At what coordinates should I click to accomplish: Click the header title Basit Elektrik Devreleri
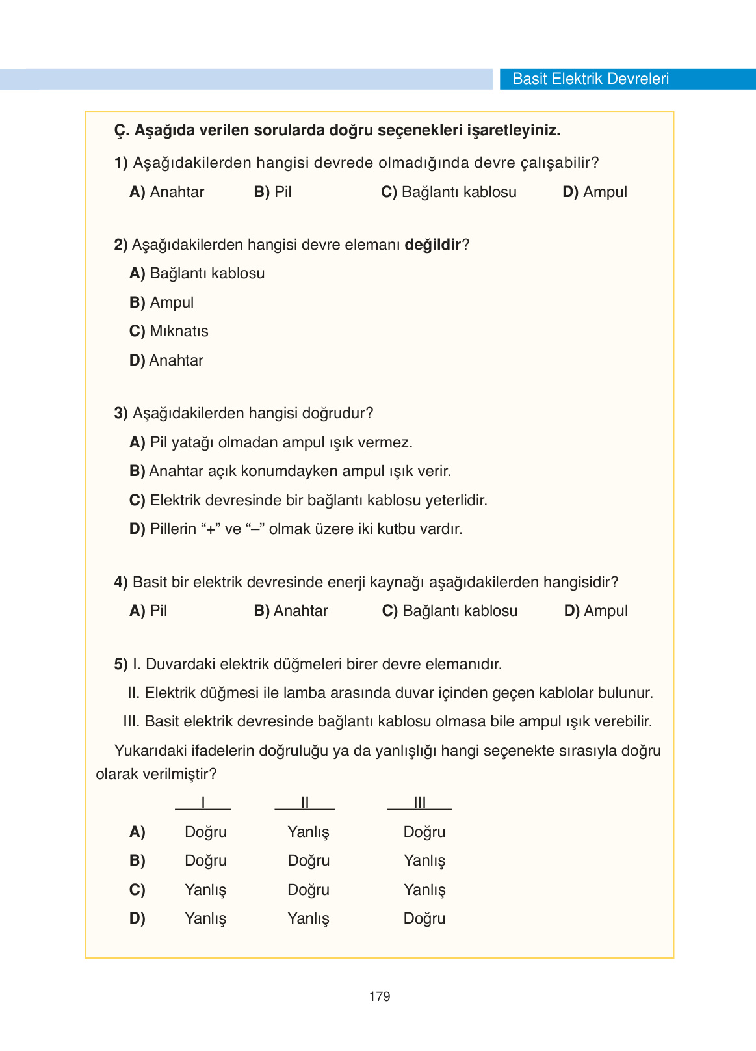pos(590,79)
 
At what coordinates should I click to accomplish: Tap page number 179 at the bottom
pos(379,996)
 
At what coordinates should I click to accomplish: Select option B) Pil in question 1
pos(273,192)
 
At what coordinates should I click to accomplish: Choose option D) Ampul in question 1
pos(595,192)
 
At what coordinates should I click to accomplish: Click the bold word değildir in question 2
pos(432,245)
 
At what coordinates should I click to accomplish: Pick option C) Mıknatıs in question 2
pos(169,331)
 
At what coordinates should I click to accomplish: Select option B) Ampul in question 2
pos(162,302)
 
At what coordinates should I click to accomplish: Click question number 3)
pos(121,413)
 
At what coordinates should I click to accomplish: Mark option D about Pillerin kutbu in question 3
pos(296,529)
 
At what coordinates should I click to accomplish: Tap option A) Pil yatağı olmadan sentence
pos(271,442)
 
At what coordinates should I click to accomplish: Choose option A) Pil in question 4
pos(149,611)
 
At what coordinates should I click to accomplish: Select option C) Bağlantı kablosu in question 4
pos(450,611)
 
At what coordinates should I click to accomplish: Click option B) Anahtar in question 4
pos(291,611)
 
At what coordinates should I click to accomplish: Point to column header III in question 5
pos(420,803)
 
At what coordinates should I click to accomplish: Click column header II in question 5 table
pos(305,803)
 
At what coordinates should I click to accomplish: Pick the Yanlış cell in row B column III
pos(424,860)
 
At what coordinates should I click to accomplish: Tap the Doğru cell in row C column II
pos(309,890)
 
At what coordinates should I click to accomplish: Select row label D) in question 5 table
pos(137,918)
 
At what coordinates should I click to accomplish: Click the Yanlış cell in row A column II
pos(309,832)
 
